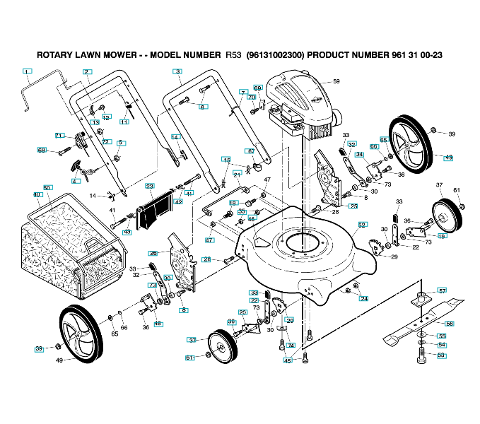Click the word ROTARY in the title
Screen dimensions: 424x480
54,54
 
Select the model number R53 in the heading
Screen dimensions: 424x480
233,54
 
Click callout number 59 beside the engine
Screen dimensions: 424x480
336,81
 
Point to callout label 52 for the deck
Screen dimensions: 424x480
362,225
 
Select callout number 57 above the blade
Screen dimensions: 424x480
442,290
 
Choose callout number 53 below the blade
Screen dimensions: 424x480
441,355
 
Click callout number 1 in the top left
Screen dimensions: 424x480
27,71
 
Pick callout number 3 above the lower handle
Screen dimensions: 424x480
177,71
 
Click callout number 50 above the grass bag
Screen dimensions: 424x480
47,187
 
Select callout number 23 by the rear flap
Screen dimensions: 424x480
149,186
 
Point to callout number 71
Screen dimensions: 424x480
59,134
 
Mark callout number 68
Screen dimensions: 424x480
42,150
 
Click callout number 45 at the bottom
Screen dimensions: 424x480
287,361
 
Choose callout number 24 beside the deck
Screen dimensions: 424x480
364,298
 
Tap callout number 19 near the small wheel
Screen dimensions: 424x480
442,235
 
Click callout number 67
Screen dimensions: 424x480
250,151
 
